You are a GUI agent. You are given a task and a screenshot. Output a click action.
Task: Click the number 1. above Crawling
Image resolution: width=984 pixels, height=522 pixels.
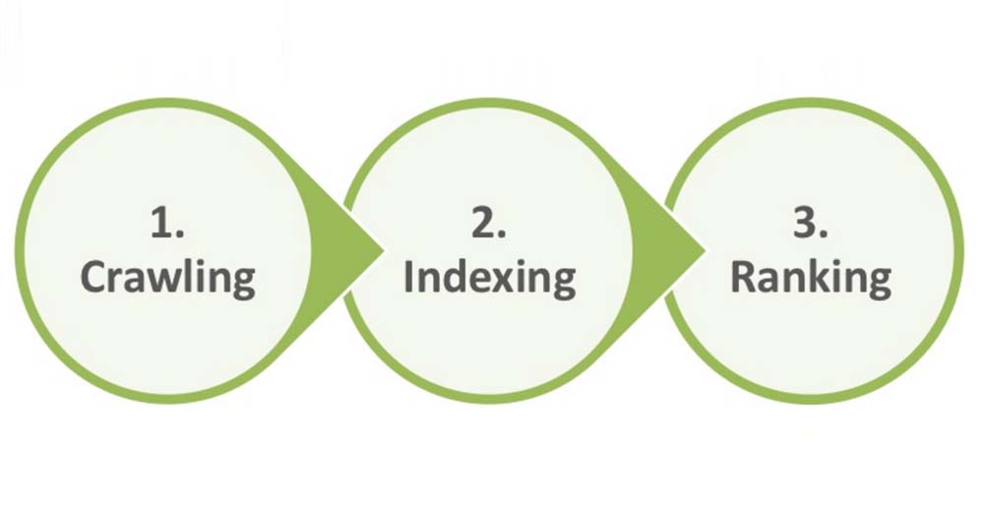click(x=167, y=223)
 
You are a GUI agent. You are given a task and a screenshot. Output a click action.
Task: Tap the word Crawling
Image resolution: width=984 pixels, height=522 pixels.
click(x=167, y=279)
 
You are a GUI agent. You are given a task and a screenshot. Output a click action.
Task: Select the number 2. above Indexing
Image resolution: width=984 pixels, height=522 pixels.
click(x=489, y=223)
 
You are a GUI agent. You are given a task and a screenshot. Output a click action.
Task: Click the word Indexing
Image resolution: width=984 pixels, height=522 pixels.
click(x=489, y=279)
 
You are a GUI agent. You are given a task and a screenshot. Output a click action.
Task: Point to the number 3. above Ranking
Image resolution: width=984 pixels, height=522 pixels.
click(x=811, y=223)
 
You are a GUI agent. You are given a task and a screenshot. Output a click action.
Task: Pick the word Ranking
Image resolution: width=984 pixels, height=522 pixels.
click(x=811, y=279)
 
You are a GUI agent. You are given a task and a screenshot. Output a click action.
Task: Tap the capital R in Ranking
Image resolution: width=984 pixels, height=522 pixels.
click(x=744, y=277)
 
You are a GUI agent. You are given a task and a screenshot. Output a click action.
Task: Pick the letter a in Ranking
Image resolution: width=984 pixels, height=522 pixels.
click(x=770, y=281)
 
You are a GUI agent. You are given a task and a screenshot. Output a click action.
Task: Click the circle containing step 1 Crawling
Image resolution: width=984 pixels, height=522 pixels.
click(x=19, y=251)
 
